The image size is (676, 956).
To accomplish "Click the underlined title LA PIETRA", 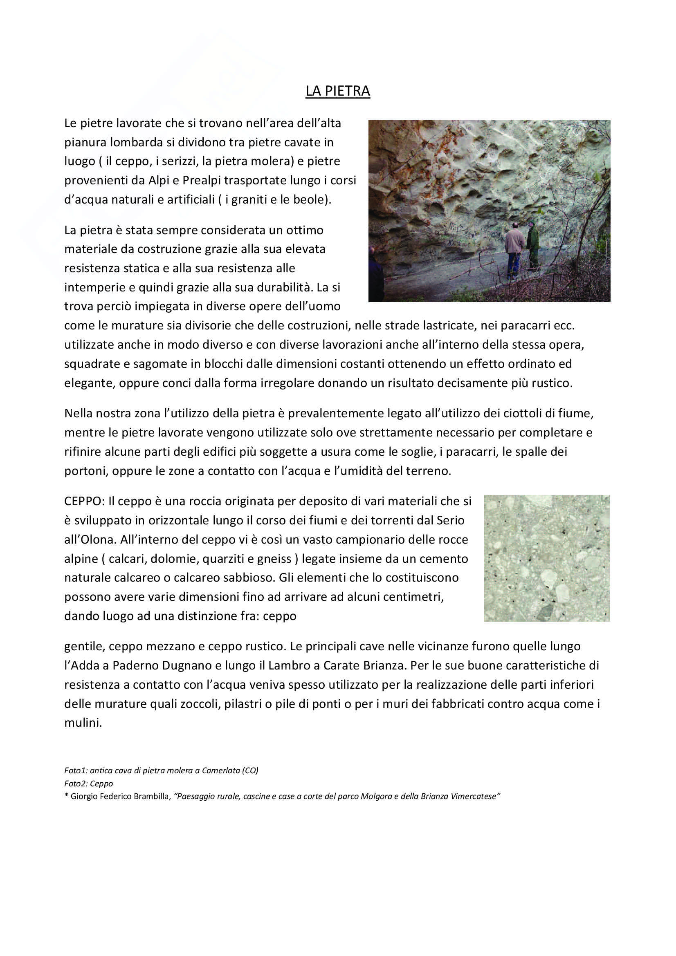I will (337, 91).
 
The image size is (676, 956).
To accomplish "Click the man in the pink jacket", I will (514, 248).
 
